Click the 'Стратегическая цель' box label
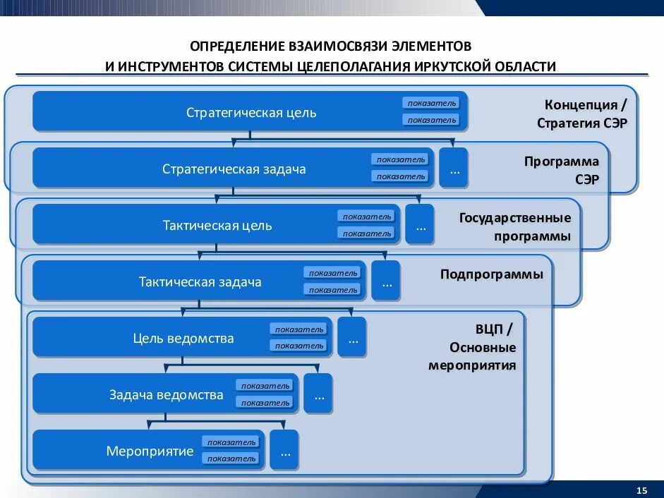251,113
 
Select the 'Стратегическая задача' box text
234,169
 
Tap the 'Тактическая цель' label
217,226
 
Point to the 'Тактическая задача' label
200,282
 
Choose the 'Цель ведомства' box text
183,339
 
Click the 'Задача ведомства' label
167,395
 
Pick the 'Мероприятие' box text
150,451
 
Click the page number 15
641,490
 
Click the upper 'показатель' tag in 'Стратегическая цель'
432,103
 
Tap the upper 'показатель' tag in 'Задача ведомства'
265,386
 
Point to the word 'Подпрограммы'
492,274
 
